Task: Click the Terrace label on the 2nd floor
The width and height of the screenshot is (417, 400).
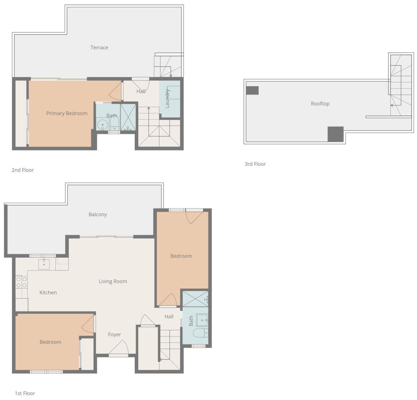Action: tap(99, 48)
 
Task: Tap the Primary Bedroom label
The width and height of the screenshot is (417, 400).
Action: tap(67, 113)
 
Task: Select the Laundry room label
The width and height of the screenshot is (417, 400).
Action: tap(167, 98)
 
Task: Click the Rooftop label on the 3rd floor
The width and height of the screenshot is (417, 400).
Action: tap(320, 103)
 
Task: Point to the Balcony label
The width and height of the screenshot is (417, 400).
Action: tap(98, 214)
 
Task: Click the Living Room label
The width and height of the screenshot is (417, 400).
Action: tap(113, 281)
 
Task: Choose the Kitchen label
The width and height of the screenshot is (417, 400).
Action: tap(48, 293)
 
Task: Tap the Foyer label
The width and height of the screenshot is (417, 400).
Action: tap(114, 334)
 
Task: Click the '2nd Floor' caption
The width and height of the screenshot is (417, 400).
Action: tap(23, 170)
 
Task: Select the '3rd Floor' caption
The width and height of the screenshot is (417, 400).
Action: tap(255, 164)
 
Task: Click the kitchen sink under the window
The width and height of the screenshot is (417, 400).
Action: tap(44, 264)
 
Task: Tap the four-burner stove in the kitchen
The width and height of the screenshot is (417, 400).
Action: tap(21, 282)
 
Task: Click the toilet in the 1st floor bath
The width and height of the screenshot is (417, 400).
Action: tap(201, 333)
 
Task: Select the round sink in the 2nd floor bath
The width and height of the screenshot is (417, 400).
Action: tap(102, 125)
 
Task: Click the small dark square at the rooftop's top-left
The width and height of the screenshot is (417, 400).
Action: tap(252, 90)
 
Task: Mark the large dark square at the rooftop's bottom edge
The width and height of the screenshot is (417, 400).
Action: tap(335, 134)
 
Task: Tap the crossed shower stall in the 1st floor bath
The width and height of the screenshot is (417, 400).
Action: tap(195, 299)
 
